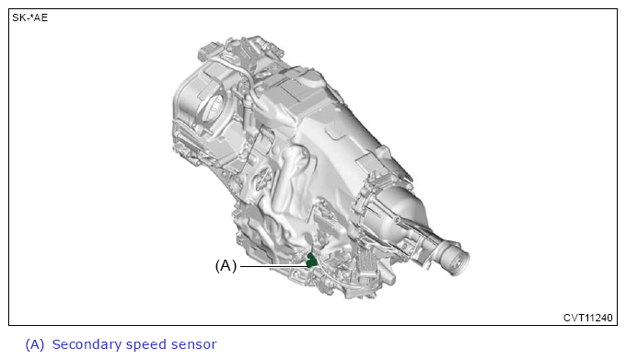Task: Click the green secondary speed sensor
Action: coord(311,260)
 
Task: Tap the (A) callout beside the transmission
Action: coord(226,266)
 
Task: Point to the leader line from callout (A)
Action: coord(273,266)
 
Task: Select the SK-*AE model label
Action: coord(30,18)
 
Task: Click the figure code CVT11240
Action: coord(587,318)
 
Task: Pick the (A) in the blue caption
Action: coord(35,344)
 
